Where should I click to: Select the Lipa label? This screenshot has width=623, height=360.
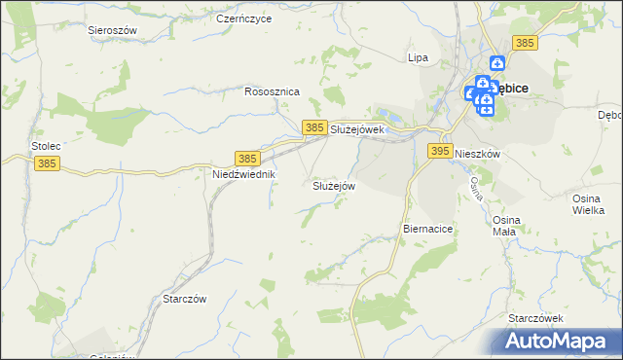click(418, 57)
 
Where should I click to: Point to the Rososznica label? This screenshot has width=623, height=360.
click(272, 91)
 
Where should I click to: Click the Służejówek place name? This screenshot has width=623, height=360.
click(359, 128)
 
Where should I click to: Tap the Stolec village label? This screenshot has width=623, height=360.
click(46, 146)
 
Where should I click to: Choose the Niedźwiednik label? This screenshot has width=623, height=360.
click(244, 174)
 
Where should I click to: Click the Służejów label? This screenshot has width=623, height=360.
click(334, 185)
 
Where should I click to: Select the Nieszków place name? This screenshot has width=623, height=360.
click(477, 154)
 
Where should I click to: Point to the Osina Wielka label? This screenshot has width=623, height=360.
click(589, 203)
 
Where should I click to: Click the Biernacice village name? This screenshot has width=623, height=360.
click(428, 228)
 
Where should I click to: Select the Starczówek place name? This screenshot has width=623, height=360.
click(536, 318)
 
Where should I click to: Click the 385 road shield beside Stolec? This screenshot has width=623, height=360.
click(46, 164)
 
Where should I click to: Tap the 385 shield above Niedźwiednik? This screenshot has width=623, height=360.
click(247, 158)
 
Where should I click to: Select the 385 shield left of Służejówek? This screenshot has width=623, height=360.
click(313, 127)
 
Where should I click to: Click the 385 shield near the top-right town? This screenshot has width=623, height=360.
click(525, 43)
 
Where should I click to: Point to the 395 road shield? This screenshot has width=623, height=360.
click(440, 151)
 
